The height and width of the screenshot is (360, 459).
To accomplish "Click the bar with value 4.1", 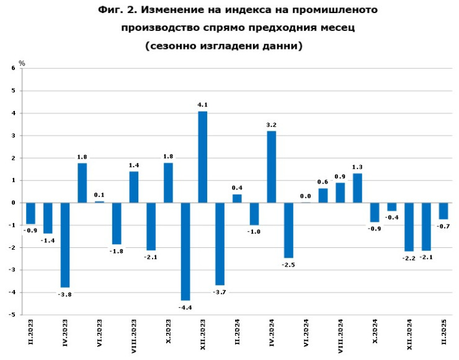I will pyautogui.click(x=202, y=157).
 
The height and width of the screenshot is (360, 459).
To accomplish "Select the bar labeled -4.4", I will pyautogui.click(x=185, y=251).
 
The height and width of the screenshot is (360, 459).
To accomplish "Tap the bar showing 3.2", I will pyautogui.click(x=271, y=167).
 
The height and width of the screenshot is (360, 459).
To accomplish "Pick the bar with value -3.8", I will pyautogui.click(x=65, y=245).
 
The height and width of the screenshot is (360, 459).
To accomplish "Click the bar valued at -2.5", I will pyautogui.click(x=288, y=230).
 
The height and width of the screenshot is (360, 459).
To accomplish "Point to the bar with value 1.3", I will pyautogui.click(x=357, y=188).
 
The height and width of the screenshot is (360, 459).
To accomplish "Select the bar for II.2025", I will pyautogui.click(x=443, y=211).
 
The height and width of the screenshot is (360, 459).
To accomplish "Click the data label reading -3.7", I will pyautogui.click(x=220, y=291).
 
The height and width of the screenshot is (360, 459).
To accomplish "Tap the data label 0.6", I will pyautogui.click(x=323, y=182).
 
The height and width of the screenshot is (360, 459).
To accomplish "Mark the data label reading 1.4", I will pyautogui.click(x=134, y=165).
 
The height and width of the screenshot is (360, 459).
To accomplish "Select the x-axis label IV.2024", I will pyautogui.click(x=272, y=333).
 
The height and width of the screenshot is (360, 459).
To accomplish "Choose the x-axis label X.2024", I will pyautogui.click(x=375, y=333).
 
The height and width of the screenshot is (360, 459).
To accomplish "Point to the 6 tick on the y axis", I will pyautogui.click(x=14, y=69).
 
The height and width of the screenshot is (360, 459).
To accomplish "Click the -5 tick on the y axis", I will pyautogui.click(x=12, y=315).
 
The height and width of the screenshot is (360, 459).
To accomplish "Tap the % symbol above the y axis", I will pyautogui.click(x=22, y=63).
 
